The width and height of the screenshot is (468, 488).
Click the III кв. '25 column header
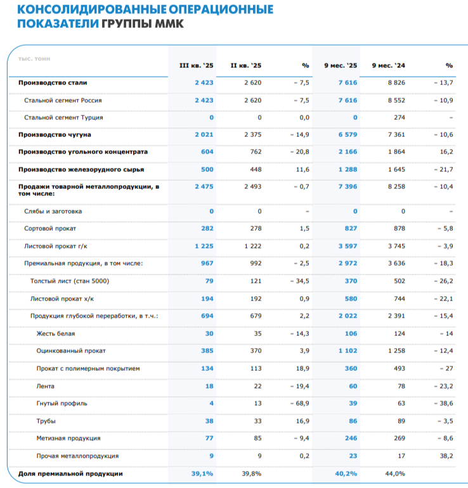[197, 65]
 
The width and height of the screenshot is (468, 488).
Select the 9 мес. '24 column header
[388, 65]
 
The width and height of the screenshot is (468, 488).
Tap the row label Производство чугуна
[55, 134]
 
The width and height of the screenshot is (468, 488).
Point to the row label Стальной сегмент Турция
[63, 117]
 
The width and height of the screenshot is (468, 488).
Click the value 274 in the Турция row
[400, 117]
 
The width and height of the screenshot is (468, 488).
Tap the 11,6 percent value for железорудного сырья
[302, 169]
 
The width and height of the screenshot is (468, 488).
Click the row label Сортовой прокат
[50, 228]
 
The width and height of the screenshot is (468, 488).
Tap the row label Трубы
[46, 420]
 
